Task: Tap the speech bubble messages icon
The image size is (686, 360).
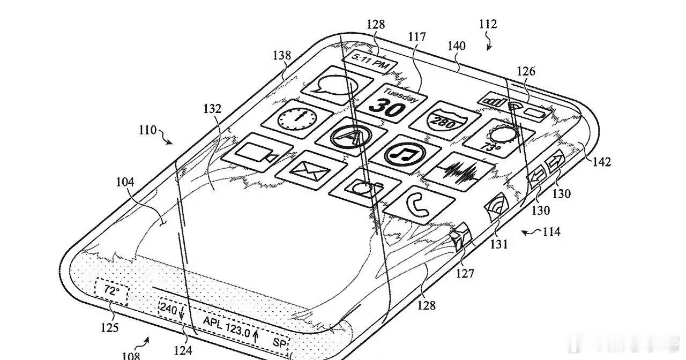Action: point(337,85)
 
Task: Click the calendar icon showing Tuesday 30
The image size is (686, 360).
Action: point(392,103)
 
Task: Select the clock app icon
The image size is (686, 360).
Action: point(297,119)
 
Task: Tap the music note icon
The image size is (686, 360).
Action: point(405,154)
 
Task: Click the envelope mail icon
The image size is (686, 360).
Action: point(311,170)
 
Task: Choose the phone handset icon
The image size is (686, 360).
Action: point(419,205)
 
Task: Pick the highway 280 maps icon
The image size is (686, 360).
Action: point(444,121)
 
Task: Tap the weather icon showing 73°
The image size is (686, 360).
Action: point(498,138)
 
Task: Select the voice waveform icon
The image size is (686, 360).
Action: point(459,172)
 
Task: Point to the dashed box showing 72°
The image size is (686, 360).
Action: point(111,291)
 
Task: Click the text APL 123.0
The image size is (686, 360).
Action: point(227,326)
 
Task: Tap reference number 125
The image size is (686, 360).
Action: point(110,328)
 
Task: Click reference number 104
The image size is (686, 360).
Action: point(125,182)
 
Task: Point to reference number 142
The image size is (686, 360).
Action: point(602,162)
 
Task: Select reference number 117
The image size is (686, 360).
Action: point(417,37)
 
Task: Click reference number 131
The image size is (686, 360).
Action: point(499,244)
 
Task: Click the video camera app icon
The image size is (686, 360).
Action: point(257,152)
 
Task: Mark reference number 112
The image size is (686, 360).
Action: point(488,24)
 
